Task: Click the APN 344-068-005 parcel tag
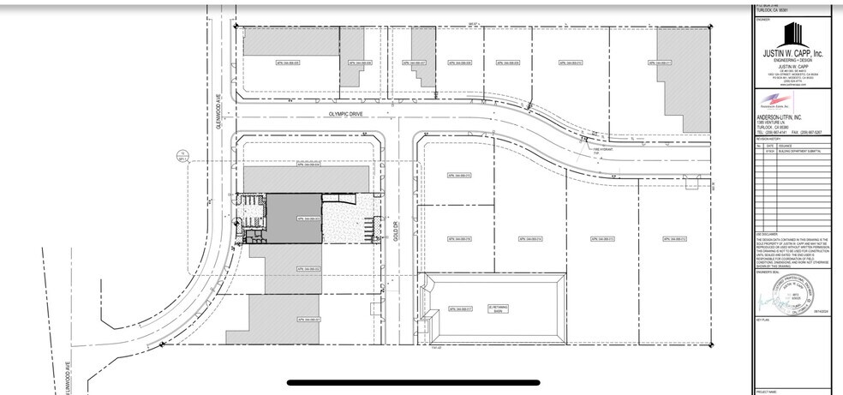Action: (257, 63)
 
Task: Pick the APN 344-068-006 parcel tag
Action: (359, 63)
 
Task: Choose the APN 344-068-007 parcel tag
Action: (412, 63)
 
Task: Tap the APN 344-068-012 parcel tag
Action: (571, 63)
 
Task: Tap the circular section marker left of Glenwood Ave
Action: (182, 156)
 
